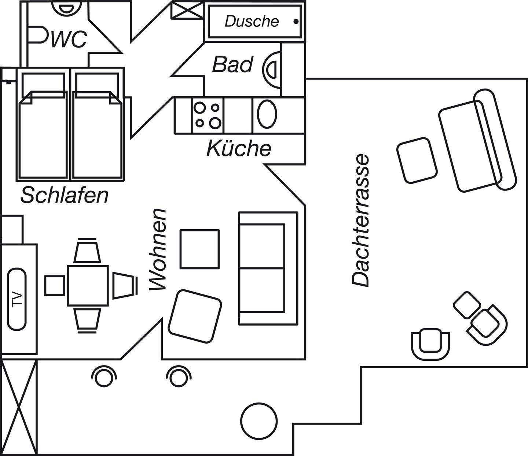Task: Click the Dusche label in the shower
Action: (x=252, y=22)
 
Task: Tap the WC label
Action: (x=69, y=39)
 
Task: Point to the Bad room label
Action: (x=233, y=64)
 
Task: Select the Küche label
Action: (x=239, y=149)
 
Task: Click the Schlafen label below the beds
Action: (x=65, y=195)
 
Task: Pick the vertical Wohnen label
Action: (x=158, y=250)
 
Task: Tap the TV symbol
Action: (x=17, y=299)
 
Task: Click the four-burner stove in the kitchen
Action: (x=207, y=115)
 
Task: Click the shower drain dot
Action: (x=296, y=22)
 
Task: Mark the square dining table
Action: (x=88, y=286)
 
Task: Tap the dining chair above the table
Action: (x=88, y=251)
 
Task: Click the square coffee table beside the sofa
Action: (x=199, y=249)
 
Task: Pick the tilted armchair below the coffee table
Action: (x=195, y=316)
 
